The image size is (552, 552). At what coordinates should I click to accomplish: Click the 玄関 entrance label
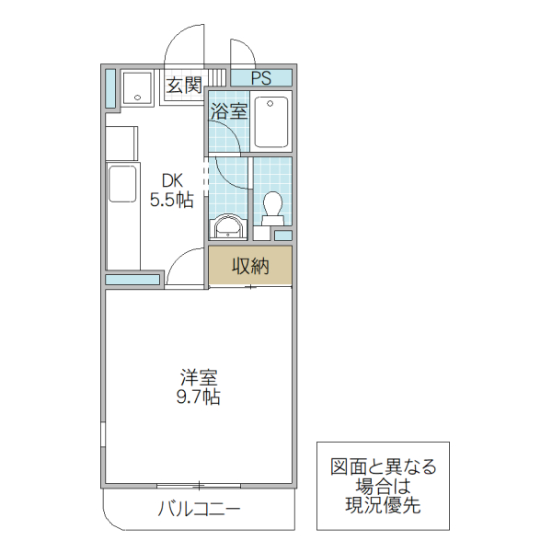(x=184, y=86)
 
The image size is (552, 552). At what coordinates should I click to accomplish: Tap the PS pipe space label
(x=260, y=77)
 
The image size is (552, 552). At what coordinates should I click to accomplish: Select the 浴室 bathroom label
(x=229, y=112)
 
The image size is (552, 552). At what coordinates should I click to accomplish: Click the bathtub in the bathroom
(x=271, y=121)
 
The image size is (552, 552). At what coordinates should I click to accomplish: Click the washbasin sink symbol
(x=226, y=226)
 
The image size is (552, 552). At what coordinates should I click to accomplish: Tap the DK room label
(x=172, y=179)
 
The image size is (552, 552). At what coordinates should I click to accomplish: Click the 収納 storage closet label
(x=249, y=266)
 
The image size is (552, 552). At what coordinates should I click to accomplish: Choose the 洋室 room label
(x=199, y=378)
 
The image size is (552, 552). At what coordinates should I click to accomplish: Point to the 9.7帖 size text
(x=199, y=397)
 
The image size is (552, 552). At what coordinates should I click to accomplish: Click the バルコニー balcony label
(x=199, y=509)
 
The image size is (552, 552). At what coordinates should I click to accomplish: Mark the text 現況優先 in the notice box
(x=384, y=505)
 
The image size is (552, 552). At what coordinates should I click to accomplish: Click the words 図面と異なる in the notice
(x=384, y=467)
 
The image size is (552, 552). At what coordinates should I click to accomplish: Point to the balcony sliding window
(x=198, y=485)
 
